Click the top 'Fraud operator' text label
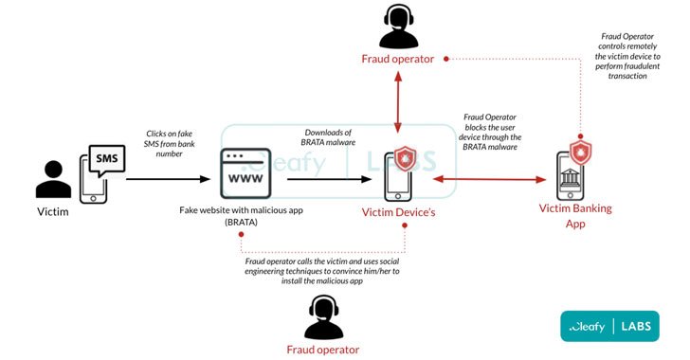(398, 59)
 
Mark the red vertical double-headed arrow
(398, 104)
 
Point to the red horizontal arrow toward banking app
(488, 177)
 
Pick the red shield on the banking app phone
(577, 152)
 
